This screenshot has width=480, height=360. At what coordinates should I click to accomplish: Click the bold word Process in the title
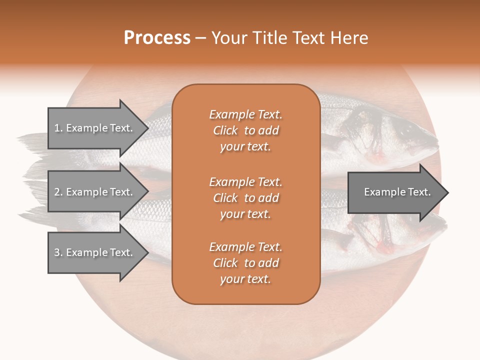[x=157, y=38]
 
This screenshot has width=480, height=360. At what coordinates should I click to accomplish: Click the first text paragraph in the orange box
[x=245, y=130]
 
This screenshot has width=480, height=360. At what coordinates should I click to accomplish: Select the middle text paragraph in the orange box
[x=245, y=198]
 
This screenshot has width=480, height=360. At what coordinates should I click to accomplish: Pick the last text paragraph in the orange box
[x=245, y=263]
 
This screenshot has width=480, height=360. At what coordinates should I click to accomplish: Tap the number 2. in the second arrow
[x=58, y=192]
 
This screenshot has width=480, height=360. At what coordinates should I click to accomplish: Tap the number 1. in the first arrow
[x=58, y=128]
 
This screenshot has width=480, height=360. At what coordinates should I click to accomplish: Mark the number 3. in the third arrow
[x=58, y=252]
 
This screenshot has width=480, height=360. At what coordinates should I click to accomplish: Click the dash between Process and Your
[x=200, y=38]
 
